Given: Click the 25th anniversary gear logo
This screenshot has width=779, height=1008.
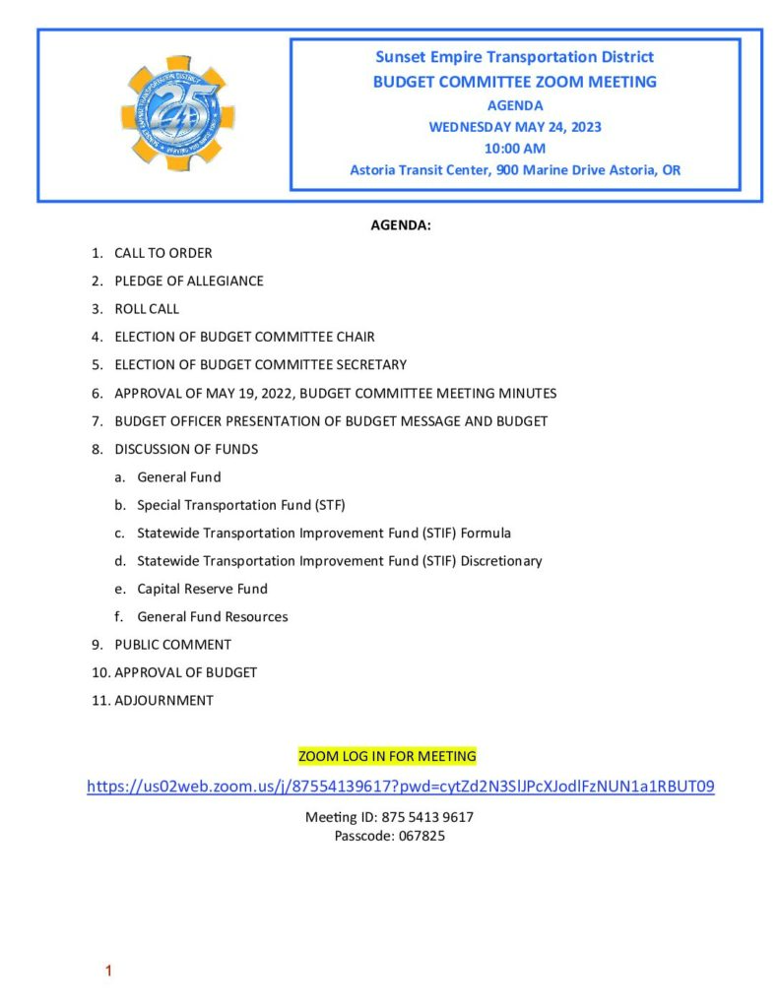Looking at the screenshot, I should click(177, 113).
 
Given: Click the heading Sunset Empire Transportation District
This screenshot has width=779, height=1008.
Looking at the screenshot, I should click(515, 57).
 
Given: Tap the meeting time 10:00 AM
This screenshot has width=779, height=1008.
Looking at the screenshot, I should click(515, 149).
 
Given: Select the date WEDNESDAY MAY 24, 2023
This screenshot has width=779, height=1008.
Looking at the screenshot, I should click(515, 126).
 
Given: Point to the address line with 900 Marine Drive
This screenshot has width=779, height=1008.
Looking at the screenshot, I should click(515, 170).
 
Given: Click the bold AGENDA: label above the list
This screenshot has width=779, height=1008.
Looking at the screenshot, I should click(401, 225).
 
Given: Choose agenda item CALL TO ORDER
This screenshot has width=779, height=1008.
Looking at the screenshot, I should click(162, 253).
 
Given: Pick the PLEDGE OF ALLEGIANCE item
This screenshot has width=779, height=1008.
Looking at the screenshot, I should click(188, 281).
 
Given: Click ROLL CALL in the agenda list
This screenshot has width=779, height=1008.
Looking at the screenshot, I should click(147, 308).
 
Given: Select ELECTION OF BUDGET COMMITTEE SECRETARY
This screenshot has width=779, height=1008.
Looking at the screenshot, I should click(260, 364).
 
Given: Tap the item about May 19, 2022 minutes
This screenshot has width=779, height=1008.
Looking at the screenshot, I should click(335, 393).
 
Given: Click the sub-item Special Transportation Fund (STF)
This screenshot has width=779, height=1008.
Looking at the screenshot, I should click(241, 505).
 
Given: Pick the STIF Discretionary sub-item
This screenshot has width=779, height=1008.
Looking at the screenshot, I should click(340, 561).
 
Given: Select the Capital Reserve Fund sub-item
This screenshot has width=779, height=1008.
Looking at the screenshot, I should click(202, 589).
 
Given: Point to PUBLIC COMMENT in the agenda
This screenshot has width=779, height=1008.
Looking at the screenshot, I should click(172, 645).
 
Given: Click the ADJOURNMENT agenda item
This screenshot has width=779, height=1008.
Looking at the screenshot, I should click(163, 701).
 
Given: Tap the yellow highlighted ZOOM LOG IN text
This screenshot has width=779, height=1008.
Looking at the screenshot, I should click(387, 756).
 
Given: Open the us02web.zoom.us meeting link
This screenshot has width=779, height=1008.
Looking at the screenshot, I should click(401, 787).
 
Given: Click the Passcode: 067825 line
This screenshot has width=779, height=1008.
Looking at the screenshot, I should click(389, 836).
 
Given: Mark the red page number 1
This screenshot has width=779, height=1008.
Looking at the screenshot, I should click(108, 972).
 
